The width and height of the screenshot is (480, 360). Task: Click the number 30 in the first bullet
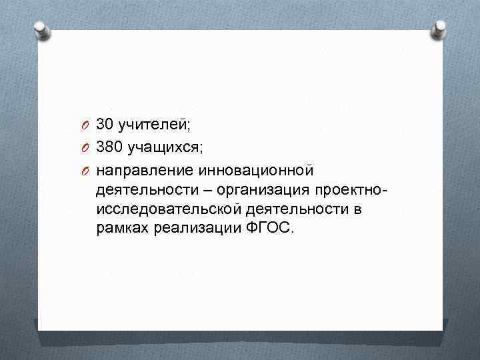(x=105, y=124)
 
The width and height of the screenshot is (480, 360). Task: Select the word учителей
(x=154, y=125)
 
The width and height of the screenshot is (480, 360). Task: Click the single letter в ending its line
(x=359, y=210)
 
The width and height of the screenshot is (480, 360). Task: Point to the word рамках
(x=122, y=231)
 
